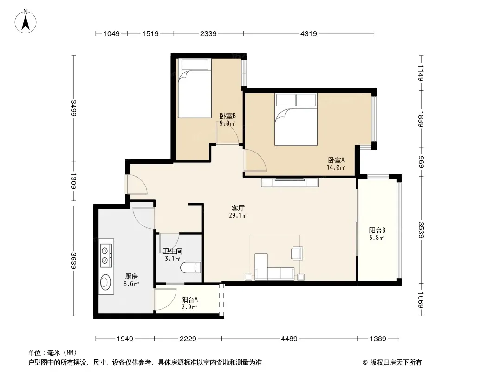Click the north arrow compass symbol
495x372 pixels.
tap(26, 21)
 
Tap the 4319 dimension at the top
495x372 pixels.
tap(308, 33)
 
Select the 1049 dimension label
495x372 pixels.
tap(111, 33)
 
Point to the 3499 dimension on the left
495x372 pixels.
tap(73, 108)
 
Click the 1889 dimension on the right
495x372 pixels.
tap(421, 119)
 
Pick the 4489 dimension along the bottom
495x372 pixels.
tap(289, 339)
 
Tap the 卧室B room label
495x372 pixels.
tap(228, 116)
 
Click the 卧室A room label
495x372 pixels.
tap(336, 160)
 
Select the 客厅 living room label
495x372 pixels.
tap(238, 208)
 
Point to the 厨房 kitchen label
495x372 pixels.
tap(131, 277)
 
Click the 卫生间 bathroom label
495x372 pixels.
tap(173, 251)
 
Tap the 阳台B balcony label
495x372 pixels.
tap(377, 230)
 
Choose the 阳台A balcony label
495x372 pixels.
tap(189, 299)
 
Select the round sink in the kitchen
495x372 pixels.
tap(105, 282)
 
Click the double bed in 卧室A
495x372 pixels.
tap(296, 119)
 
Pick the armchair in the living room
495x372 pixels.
tap(297, 253)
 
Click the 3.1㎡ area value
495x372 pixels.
tap(173, 259)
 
